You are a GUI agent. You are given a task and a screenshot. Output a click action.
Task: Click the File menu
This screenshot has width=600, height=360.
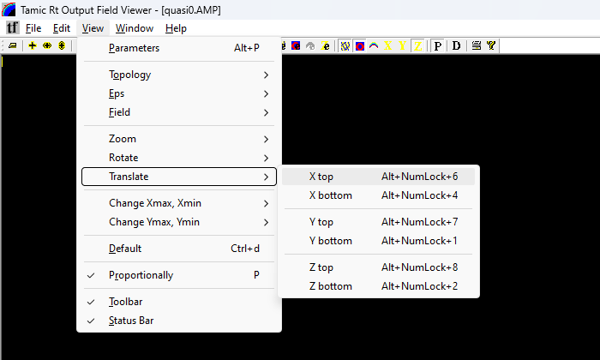tap(33, 28)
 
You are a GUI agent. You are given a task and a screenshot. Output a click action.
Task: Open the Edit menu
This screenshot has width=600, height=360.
tap(62, 28)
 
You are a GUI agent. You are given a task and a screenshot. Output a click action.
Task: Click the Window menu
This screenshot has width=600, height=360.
tap(135, 28)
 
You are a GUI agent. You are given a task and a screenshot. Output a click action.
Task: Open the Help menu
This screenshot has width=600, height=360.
tap(176, 28)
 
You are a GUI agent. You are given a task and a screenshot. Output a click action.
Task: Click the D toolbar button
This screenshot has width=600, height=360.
tap(456, 46)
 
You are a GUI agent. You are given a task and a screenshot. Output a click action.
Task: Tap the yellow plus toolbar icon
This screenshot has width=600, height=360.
tap(33, 46)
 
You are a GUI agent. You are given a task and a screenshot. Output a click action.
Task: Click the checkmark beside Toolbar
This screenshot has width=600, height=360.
tap(91, 302)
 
